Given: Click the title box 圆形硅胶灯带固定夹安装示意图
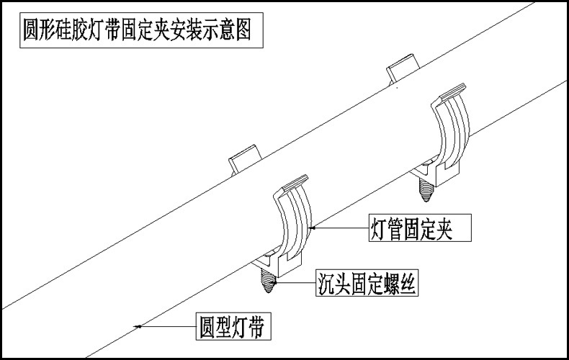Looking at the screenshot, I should tap(136, 32).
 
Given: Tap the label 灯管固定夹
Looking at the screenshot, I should tap(420, 229).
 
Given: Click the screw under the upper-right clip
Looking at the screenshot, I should tap(426, 188).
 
